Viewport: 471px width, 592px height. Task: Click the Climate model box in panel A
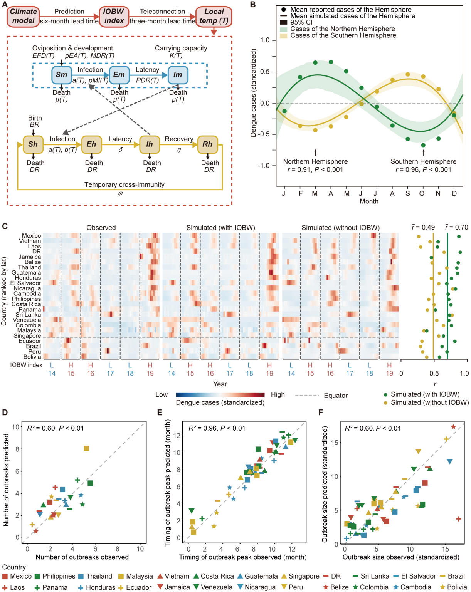pyautogui.click(x=23, y=16)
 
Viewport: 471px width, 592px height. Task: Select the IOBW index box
pyautogui.click(x=114, y=16)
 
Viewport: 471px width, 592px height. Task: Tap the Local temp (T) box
pyautogui.click(x=214, y=16)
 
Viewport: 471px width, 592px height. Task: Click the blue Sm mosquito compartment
pyautogui.click(x=62, y=75)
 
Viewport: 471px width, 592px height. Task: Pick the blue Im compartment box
pyautogui.click(x=178, y=75)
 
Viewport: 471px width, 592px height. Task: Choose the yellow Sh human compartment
pyautogui.click(x=33, y=144)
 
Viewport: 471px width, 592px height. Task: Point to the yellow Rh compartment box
pyautogui.click(x=207, y=144)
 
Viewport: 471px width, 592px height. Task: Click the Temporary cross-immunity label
pyautogui.click(x=124, y=184)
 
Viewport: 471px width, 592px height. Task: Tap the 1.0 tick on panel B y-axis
pyautogui.click(x=265, y=40)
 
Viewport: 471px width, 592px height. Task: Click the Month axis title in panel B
pyautogui.click(x=369, y=201)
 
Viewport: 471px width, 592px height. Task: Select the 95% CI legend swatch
pyautogui.click(x=284, y=22)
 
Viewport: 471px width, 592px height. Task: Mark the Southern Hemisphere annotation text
pyautogui.click(x=423, y=161)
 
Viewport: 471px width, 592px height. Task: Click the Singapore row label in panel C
pyautogui.click(x=27, y=336)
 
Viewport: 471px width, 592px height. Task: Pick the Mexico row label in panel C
pyautogui.click(x=31, y=236)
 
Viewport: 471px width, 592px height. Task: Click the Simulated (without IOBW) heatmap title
pyautogui.click(x=340, y=228)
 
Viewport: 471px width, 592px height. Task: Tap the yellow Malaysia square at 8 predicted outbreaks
pyautogui.click(x=86, y=448)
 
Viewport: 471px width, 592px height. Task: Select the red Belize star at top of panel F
pyautogui.click(x=453, y=427)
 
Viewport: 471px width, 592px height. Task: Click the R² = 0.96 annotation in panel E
pyautogui.click(x=217, y=428)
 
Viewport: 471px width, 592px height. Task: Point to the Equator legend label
pyautogui.click(x=336, y=396)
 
